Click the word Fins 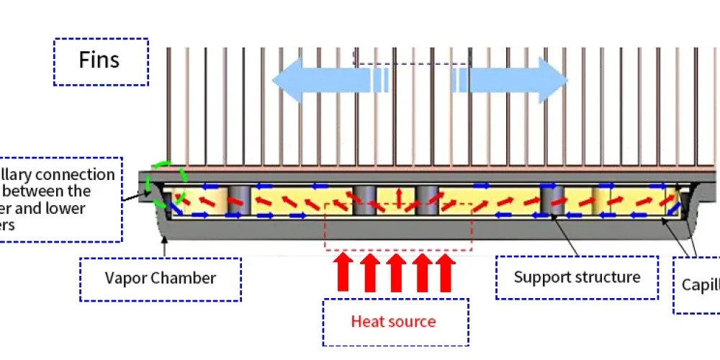point(99,60)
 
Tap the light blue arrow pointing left point(324,80)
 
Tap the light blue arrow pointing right point(515,80)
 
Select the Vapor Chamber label point(160,278)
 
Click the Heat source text point(393,321)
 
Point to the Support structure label point(577,276)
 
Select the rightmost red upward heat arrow point(446,272)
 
